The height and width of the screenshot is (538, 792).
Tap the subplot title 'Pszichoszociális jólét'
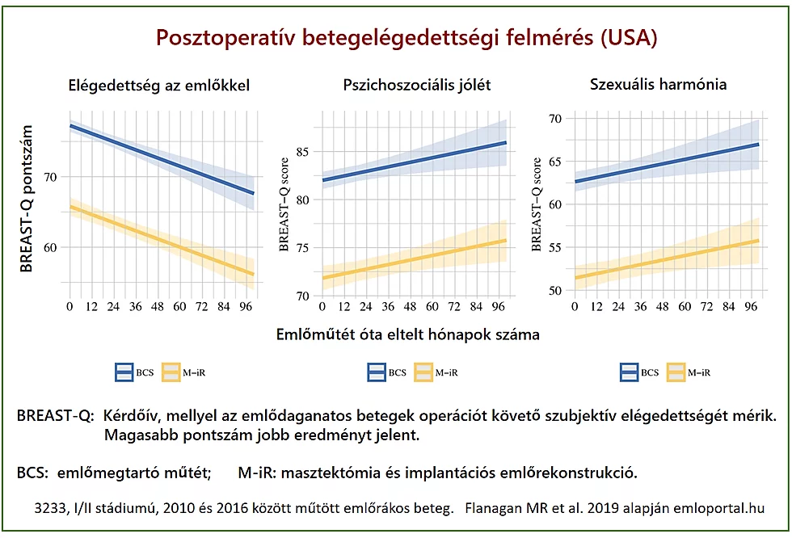[416, 85]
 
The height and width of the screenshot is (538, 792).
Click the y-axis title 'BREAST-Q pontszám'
[27, 199]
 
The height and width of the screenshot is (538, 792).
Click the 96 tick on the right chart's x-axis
[751, 308]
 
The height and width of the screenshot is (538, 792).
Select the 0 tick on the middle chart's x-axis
[322, 308]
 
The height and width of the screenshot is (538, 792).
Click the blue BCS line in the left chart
[162, 160]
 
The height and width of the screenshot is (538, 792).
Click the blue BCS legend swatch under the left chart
[124, 372]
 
